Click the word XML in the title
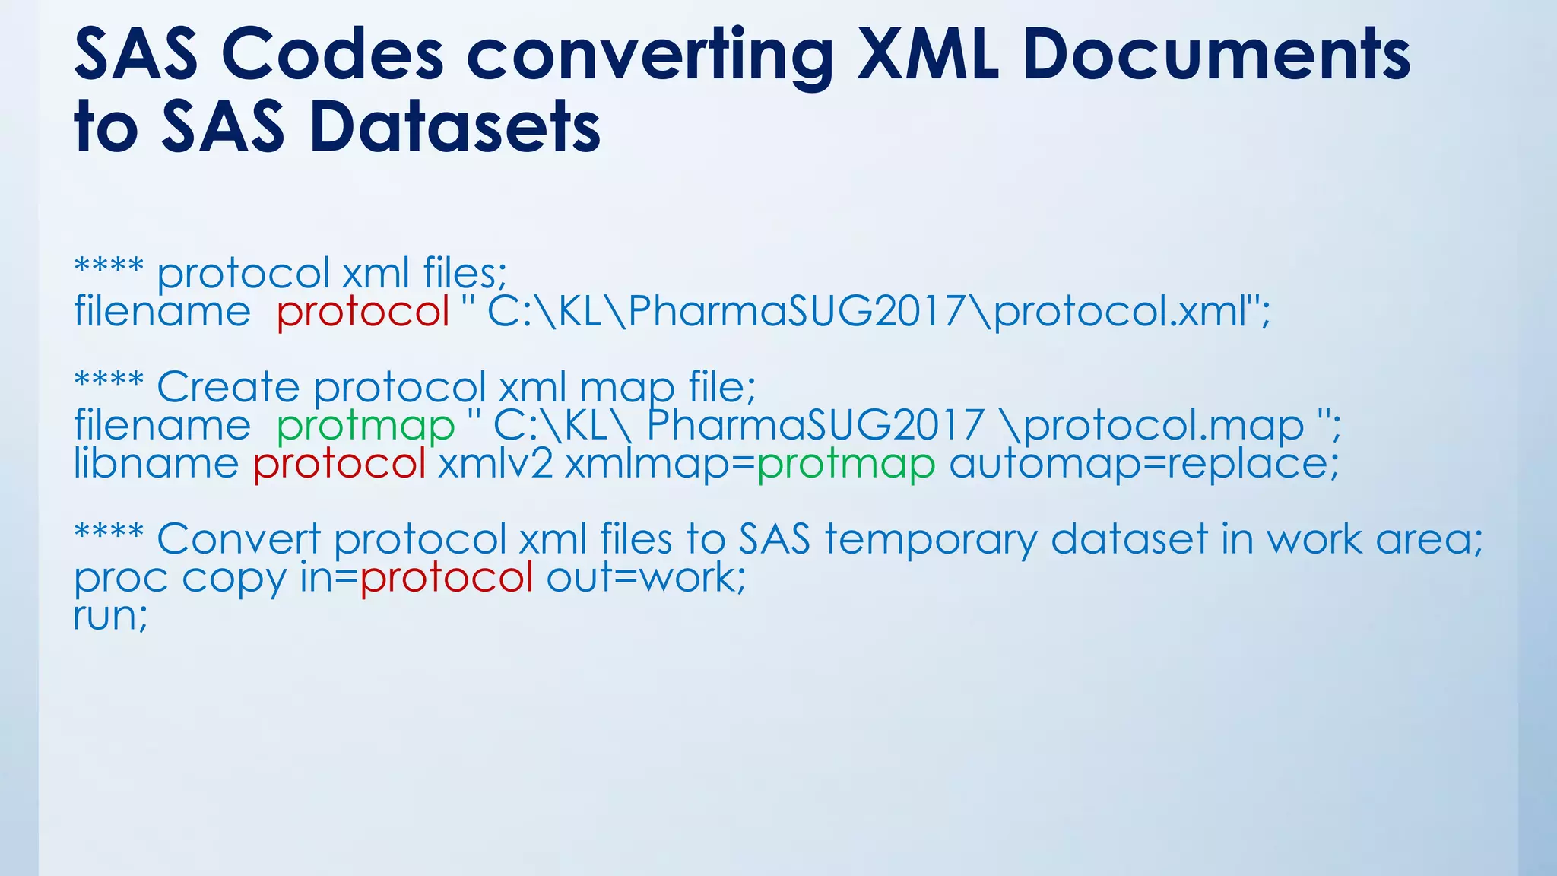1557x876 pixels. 928,55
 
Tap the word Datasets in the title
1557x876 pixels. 455,127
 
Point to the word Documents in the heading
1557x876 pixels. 1216,55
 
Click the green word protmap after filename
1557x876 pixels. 365,425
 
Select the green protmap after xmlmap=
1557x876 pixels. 845,464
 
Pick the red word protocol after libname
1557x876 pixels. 339,464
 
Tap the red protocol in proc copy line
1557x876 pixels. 446,578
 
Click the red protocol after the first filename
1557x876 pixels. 363,312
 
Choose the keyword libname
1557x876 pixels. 156,464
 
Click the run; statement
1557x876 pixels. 111,616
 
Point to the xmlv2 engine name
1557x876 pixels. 495,464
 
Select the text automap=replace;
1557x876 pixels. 1143,464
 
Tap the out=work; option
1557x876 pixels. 646,578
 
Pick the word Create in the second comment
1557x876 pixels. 228,387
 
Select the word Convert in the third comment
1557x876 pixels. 238,540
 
